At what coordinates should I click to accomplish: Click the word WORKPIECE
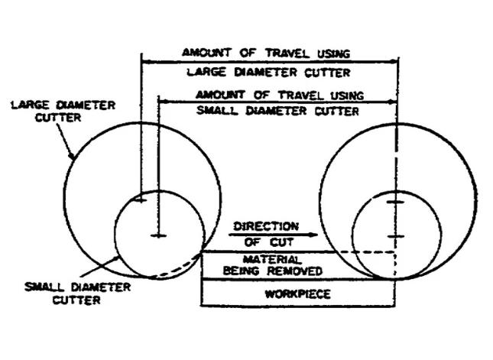297,294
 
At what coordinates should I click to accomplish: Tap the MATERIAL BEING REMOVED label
272,265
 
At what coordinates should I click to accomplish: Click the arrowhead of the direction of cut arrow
313,235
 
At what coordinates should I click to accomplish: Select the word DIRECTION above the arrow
266,226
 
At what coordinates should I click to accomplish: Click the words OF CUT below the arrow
269,242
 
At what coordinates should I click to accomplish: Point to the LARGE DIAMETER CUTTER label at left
63,112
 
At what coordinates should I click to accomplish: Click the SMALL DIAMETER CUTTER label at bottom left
77,294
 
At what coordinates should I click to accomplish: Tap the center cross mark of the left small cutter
159,235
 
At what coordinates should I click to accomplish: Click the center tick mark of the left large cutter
141,199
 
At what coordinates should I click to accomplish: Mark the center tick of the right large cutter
395,202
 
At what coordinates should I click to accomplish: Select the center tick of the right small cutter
395,236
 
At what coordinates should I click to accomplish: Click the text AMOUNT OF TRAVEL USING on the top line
266,53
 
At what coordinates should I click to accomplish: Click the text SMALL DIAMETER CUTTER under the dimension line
277,111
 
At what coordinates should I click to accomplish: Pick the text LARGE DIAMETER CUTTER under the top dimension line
268,73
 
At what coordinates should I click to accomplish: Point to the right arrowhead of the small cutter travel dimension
392,102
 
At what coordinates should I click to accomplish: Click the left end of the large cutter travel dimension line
142,62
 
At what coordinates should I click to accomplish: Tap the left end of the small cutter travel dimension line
160,102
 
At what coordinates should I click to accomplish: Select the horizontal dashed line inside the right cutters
365,252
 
